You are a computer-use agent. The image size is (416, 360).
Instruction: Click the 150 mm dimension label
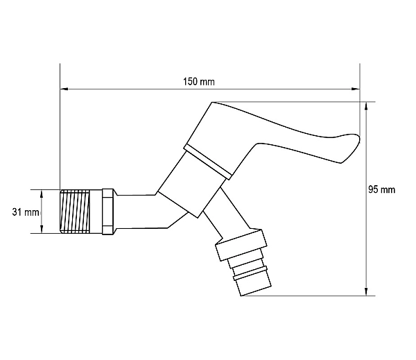199,82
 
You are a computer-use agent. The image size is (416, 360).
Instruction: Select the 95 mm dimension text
381,190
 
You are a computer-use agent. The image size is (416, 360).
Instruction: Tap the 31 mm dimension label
26,212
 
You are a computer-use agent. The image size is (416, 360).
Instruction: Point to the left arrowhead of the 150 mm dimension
64,89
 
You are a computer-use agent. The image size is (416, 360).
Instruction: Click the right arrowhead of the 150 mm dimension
356,89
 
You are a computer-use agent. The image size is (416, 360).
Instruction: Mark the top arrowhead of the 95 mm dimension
366,106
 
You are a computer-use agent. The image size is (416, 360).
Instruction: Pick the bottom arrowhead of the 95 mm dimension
366,291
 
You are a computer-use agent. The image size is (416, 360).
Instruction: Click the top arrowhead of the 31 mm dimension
42,194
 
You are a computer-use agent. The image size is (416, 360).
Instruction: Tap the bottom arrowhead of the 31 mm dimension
42,229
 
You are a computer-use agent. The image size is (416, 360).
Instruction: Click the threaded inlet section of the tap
75,212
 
